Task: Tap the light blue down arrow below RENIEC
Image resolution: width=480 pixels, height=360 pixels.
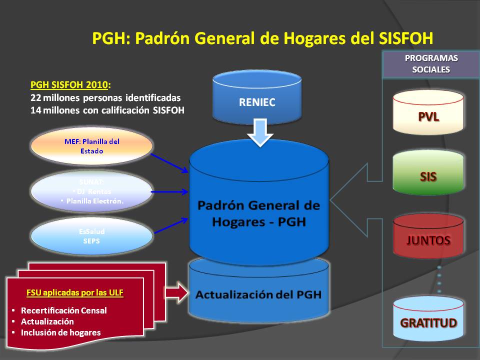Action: [260, 132]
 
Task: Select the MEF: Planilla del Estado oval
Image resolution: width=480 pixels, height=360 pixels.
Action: [91, 145]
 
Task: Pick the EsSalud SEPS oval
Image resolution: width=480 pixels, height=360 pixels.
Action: [91, 236]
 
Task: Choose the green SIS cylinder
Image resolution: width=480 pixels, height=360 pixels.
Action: [428, 176]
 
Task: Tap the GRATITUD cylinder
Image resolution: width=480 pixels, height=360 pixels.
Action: [428, 322]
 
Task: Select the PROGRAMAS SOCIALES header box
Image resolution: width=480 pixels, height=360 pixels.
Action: [431, 64]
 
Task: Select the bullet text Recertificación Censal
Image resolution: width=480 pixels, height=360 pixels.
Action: [63, 310]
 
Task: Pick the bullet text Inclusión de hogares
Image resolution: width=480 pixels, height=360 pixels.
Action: [60, 332]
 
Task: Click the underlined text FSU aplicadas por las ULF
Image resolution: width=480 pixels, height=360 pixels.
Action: [74, 292]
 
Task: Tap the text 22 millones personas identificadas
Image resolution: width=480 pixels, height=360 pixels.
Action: [105, 97]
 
